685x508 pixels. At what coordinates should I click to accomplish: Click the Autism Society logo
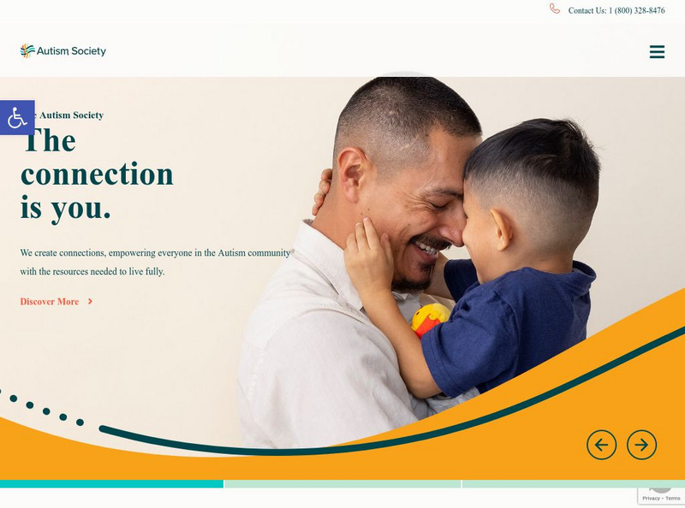pos(63,51)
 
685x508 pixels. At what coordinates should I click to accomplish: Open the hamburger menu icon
pos(657,52)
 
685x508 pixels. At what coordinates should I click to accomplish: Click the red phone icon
pos(555,9)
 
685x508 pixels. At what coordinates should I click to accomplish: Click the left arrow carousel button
pos(601,445)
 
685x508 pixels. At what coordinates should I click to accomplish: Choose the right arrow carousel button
pos(641,445)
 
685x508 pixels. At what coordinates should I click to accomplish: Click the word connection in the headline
pos(97,174)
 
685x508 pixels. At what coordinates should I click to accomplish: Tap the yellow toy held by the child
pos(428,319)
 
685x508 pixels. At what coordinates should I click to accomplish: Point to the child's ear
pos(503,229)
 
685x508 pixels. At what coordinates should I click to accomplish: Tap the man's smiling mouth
pos(426,249)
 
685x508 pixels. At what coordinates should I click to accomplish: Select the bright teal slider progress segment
pos(111,484)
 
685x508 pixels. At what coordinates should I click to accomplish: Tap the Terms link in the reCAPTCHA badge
pos(673,498)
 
